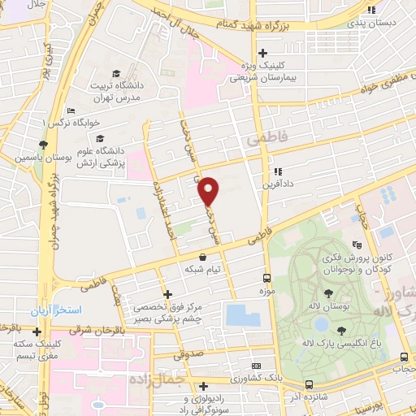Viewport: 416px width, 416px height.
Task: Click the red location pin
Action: coord(209,190)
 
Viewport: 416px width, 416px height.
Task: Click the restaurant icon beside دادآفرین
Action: coord(278,171)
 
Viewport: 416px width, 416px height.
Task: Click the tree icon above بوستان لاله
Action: coord(329,293)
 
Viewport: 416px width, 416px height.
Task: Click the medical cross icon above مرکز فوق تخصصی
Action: coord(168,294)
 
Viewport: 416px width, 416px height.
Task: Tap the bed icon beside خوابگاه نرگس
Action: coord(71,110)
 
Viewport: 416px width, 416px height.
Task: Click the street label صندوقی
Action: coord(190,356)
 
